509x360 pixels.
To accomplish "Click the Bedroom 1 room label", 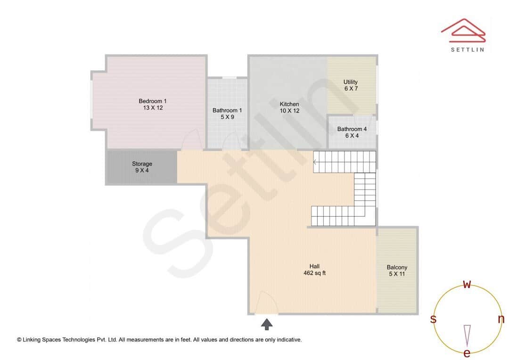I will click(152, 101).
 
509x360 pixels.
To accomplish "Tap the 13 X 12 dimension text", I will click(152, 108).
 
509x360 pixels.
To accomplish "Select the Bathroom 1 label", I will click(227, 111).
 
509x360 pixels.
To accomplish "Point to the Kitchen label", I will click(289, 104).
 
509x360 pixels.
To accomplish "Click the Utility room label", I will click(350, 82).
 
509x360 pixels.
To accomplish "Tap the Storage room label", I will click(142, 164).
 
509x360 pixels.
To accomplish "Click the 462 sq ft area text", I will click(314, 273).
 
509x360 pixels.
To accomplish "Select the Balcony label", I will click(397, 267).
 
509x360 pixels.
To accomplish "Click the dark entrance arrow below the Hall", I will click(267, 324).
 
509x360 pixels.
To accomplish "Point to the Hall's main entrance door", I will click(266, 303).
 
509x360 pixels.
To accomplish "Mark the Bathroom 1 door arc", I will click(230, 141).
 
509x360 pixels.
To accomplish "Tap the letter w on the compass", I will click(467, 284).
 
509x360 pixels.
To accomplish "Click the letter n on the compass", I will click(501, 319).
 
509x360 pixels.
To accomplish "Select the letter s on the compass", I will click(433, 319).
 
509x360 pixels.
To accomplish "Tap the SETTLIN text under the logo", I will click(467, 49).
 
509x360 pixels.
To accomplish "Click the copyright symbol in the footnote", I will click(19, 339).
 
